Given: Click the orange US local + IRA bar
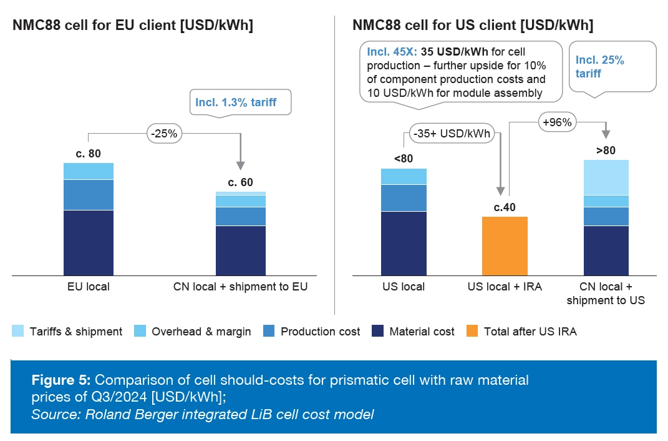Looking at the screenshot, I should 505,245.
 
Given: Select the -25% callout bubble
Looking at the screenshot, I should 165,133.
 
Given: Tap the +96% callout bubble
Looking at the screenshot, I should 557,122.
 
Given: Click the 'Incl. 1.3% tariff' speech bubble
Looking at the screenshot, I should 241,102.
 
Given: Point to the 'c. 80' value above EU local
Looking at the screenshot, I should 88,154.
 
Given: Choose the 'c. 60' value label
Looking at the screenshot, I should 240,182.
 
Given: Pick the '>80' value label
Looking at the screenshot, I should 606,151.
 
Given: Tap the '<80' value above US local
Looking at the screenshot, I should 404,159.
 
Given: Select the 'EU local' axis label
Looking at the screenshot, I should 88,287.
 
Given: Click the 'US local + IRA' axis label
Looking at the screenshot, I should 505,287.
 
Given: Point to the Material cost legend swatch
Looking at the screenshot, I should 378,332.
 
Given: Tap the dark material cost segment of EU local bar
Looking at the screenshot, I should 88,242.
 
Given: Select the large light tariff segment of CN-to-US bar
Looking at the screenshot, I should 606,177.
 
